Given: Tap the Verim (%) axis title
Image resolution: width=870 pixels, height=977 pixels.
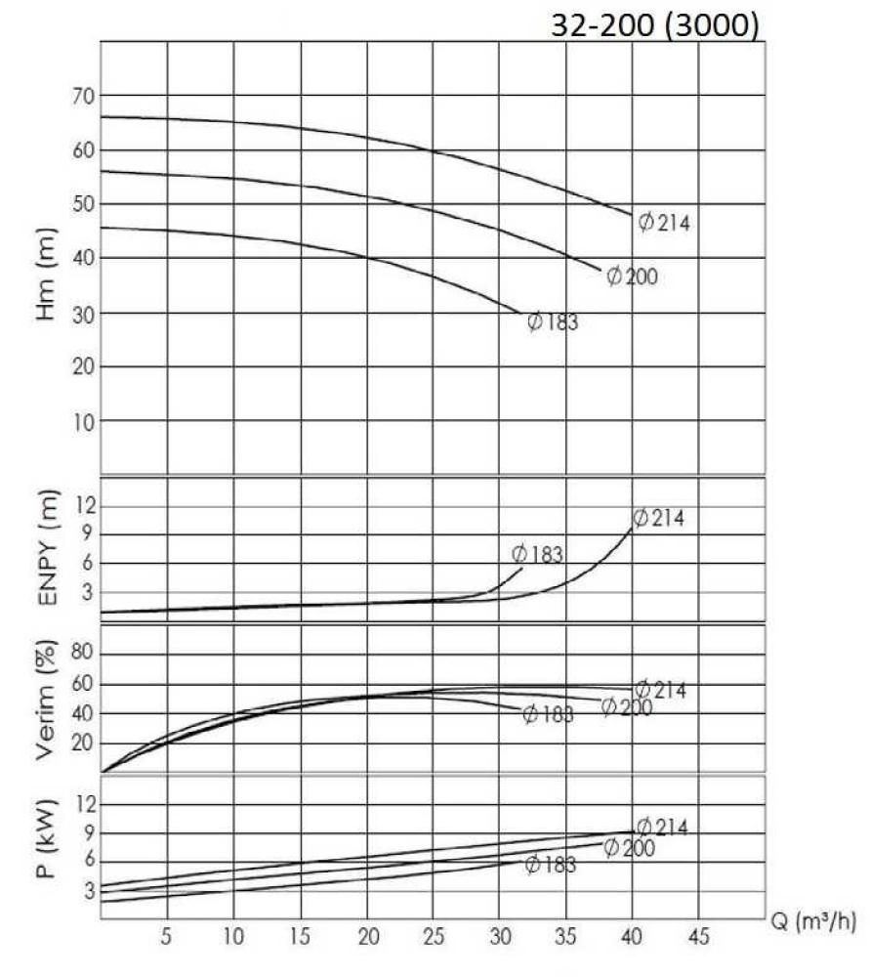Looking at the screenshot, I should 45,700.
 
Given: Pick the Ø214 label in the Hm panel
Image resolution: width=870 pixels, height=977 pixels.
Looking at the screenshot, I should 664,223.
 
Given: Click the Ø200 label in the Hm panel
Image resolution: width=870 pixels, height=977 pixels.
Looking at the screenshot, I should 632,276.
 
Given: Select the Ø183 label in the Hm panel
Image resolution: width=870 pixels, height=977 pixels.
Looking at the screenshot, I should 553,321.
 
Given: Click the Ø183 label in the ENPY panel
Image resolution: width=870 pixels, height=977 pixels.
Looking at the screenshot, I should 537,555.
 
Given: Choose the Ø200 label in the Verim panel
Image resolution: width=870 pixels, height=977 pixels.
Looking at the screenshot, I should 626,706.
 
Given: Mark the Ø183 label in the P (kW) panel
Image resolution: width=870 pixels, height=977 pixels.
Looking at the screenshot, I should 550,864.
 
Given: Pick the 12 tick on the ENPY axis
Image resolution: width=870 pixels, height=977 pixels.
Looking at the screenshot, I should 82,505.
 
